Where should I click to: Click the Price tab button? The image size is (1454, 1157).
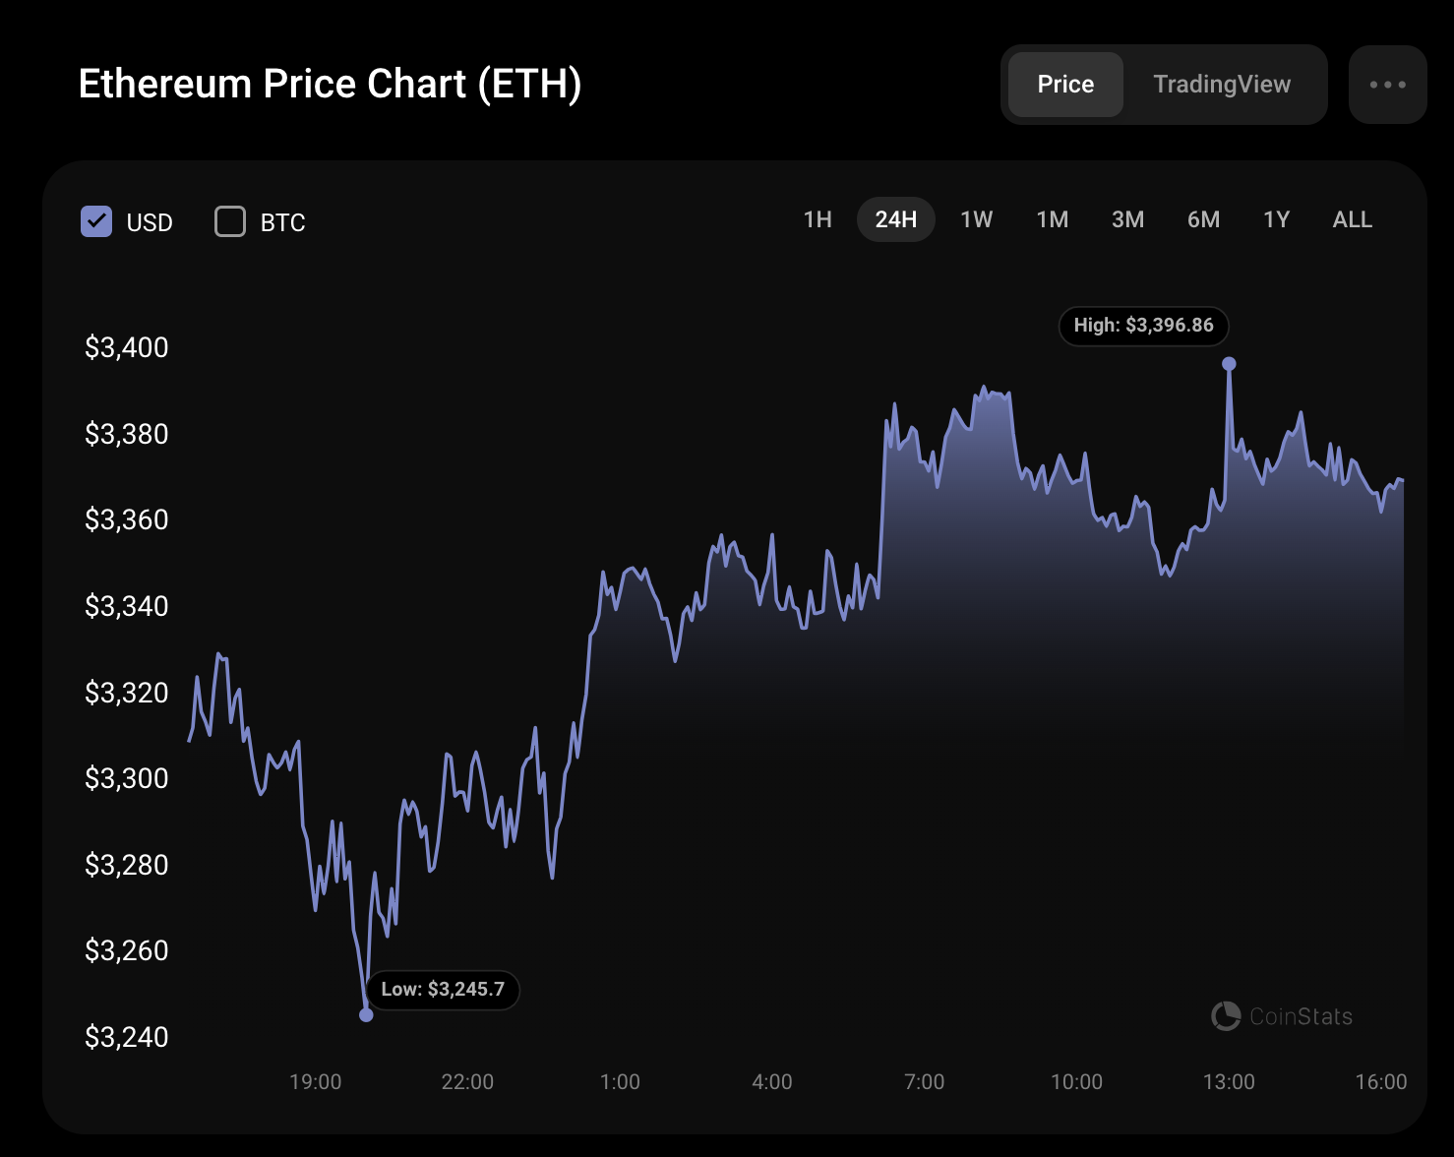[1065, 85]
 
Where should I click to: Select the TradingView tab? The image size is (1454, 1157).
[1221, 85]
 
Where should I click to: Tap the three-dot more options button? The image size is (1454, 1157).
[1387, 85]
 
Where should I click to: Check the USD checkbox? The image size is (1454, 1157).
[96, 221]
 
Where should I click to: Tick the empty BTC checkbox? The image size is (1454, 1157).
[230, 221]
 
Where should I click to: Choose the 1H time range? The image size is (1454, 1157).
[818, 219]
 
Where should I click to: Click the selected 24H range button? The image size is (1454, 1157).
[895, 219]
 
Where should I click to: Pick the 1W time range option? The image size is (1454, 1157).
[976, 219]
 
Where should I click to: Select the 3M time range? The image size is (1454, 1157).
[1127, 219]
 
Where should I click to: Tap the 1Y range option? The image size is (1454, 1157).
[1276, 219]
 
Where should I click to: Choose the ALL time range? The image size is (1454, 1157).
[1352, 219]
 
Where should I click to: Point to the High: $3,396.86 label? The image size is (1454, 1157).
[1143, 326]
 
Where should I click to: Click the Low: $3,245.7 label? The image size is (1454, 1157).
[443, 990]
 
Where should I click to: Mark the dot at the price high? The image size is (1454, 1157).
[1229, 364]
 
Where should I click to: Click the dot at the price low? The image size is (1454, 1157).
[366, 1014]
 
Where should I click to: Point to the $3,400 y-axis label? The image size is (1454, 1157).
[127, 347]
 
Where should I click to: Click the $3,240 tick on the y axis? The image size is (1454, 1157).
[127, 1037]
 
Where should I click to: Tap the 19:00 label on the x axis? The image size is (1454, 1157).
[315, 1082]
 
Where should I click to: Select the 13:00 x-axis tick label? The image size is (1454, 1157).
[1229, 1082]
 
